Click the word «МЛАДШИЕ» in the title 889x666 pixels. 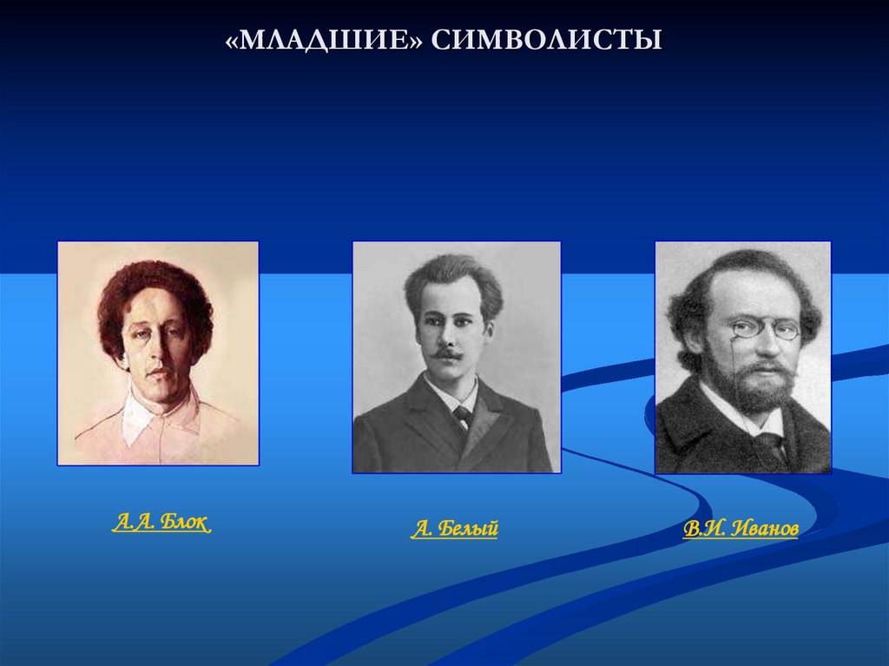click(323, 40)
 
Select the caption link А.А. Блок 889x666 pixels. click(161, 523)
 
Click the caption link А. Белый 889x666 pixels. click(454, 529)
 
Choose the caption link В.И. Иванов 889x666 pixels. click(741, 529)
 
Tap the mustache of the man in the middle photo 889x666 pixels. click(448, 354)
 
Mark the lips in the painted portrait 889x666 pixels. click(156, 373)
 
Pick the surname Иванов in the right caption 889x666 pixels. click(765, 529)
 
